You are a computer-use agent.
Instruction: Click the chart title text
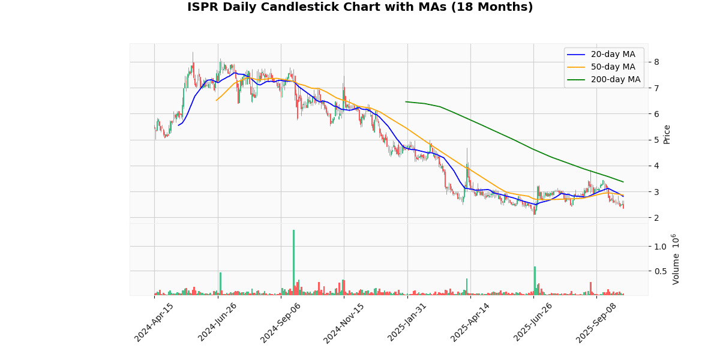click(360, 7)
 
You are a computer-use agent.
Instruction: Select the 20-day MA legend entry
click(613, 55)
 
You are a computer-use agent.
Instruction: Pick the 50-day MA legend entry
click(613, 67)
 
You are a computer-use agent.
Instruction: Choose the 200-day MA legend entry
click(615, 79)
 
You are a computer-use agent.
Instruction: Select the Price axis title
click(667, 134)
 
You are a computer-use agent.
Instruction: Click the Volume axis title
click(676, 259)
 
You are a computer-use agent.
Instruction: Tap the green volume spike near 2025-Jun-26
click(535, 280)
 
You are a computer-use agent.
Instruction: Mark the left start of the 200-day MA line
click(406, 102)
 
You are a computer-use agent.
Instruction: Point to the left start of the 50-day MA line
click(217, 100)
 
